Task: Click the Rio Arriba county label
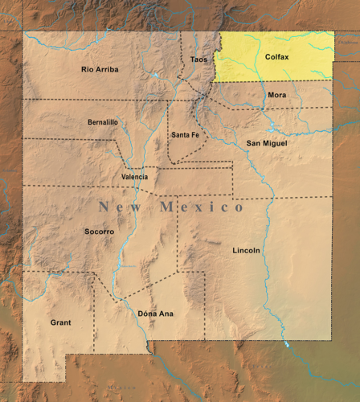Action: (100, 69)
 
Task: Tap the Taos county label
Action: (198, 59)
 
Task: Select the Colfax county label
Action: (276, 57)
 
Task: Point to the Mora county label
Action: (276, 95)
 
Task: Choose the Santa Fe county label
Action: (185, 135)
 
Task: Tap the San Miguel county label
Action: (267, 143)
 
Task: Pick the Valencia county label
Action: (134, 176)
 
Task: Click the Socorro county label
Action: (99, 232)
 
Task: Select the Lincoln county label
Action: (246, 250)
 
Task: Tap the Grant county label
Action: (60, 322)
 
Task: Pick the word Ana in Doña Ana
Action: (166, 314)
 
